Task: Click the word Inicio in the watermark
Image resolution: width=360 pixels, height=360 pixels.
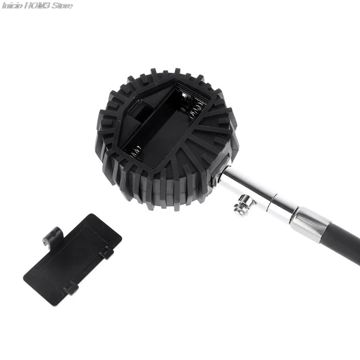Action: pyautogui.click(x=13, y=5)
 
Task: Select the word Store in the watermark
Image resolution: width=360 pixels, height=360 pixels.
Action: pyautogui.click(x=62, y=5)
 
